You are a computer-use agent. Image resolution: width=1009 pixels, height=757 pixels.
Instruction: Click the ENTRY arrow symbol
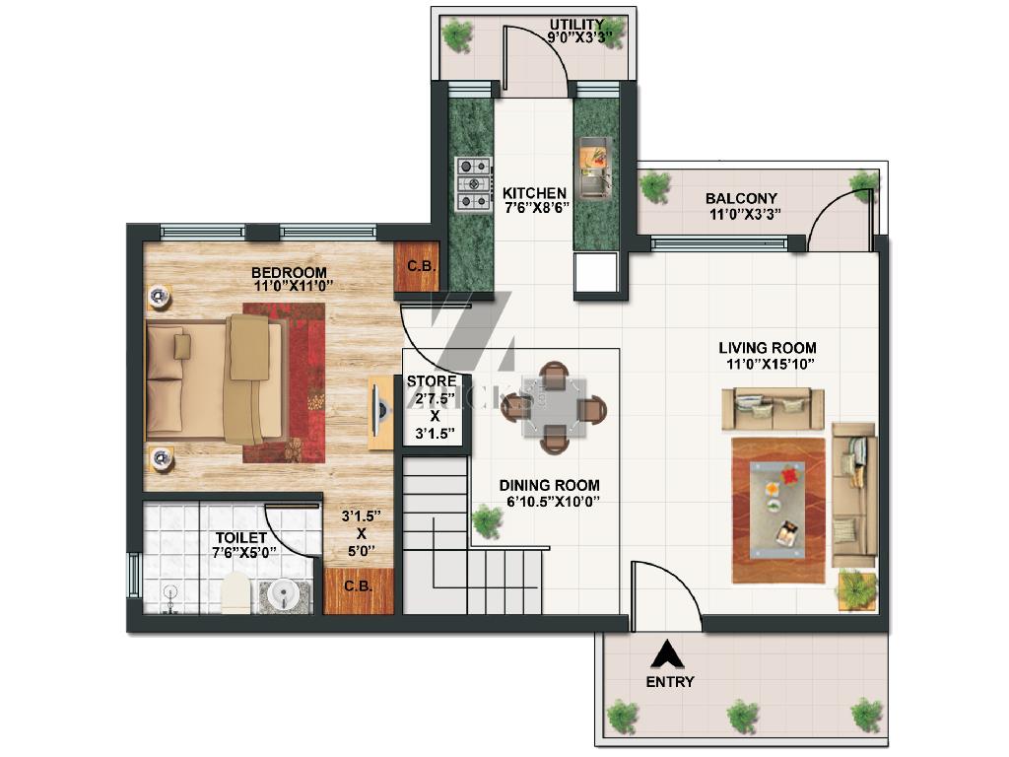[x=667, y=654]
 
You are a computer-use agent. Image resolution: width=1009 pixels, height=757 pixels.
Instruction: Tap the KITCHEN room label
[x=534, y=193]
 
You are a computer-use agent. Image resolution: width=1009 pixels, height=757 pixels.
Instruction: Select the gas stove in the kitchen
[x=474, y=184]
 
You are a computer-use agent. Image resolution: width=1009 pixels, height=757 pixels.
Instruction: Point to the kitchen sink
[x=595, y=167]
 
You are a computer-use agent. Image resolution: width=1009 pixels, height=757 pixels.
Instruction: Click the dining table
[x=554, y=407]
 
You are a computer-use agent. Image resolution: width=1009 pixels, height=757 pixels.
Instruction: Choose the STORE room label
[x=432, y=381]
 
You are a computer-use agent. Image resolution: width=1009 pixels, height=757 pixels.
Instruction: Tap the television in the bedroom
[x=380, y=412]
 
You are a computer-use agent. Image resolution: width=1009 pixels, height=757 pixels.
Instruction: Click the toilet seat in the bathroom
[x=235, y=592]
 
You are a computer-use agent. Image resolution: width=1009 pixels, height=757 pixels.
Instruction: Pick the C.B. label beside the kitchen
[x=422, y=266]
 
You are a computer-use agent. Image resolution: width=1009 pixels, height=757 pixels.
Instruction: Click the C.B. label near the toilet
[x=358, y=586]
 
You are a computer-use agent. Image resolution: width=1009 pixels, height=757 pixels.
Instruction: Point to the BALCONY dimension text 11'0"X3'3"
[x=745, y=214]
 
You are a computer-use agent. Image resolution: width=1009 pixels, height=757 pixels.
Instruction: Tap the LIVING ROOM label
[x=768, y=348]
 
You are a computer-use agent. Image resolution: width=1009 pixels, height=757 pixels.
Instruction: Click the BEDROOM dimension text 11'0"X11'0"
[x=294, y=286]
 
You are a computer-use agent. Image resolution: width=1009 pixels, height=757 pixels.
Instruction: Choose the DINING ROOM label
[x=550, y=485]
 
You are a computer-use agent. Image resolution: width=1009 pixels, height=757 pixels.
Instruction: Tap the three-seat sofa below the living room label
[x=773, y=409]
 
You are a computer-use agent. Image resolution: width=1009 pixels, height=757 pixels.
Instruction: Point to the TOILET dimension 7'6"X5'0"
[x=244, y=552]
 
